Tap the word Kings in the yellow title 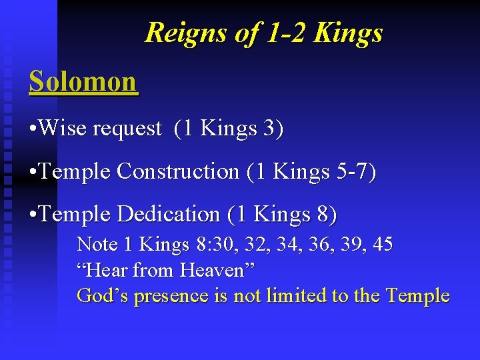(349, 33)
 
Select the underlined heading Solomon (83, 82)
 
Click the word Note (97, 245)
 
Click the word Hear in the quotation (107, 270)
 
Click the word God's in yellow (103, 295)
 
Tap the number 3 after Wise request (268, 129)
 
